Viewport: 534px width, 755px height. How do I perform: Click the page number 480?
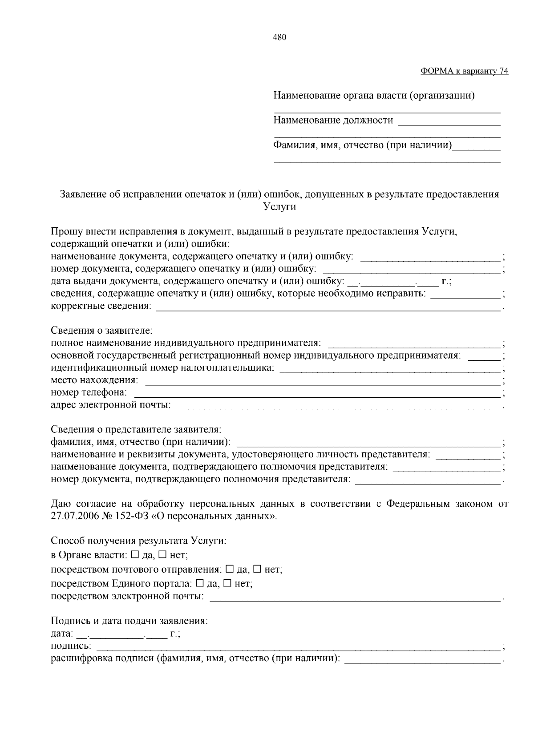point(279,37)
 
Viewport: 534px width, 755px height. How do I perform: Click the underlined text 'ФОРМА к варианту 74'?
point(464,71)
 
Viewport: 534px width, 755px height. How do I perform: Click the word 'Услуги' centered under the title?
point(279,206)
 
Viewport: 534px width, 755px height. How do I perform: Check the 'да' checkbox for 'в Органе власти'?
point(135,555)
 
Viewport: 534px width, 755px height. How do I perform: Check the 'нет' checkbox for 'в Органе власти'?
point(162,555)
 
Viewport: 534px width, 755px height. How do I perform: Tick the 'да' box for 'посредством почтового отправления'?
point(230,569)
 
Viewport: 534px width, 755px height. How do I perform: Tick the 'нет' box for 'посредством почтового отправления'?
point(257,569)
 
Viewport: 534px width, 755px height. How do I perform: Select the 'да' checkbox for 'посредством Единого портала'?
point(200,583)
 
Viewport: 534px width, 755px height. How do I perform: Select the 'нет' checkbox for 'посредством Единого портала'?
point(227,583)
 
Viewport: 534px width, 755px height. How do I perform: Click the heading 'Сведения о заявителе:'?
point(102,331)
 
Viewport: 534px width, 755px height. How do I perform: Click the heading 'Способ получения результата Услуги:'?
point(138,541)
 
